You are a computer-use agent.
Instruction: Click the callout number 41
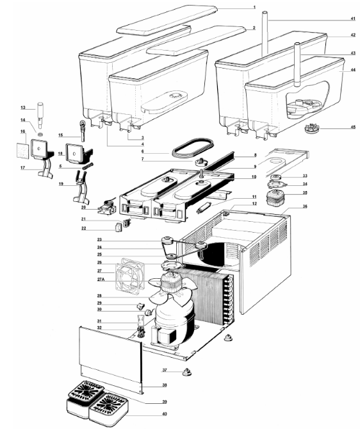click(352, 19)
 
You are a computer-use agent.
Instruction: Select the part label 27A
click(101, 280)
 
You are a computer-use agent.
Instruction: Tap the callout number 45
click(353, 127)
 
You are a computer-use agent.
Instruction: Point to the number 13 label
click(23, 108)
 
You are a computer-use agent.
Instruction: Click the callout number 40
click(165, 413)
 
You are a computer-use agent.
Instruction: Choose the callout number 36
click(305, 206)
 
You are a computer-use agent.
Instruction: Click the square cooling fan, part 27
click(128, 274)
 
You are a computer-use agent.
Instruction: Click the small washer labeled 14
click(40, 134)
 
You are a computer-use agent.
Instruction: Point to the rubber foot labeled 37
click(186, 372)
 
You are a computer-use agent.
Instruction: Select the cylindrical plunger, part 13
click(40, 115)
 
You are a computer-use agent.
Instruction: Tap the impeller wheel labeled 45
click(311, 128)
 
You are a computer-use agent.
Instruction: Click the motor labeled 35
click(273, 198)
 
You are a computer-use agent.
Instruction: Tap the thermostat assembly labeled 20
click(106, 208)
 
